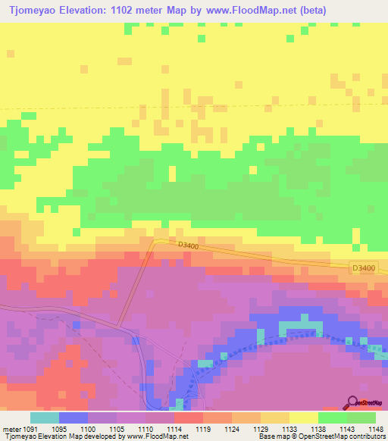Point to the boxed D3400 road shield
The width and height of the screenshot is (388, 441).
364,268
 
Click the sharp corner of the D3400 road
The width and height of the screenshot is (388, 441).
155,241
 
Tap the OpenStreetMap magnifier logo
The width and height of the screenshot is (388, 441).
352,403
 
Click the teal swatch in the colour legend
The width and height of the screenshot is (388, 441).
44,418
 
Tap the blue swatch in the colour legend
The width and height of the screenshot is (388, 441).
73,418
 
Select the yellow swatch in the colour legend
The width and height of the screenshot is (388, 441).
303,418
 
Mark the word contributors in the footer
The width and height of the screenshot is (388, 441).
367,436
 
